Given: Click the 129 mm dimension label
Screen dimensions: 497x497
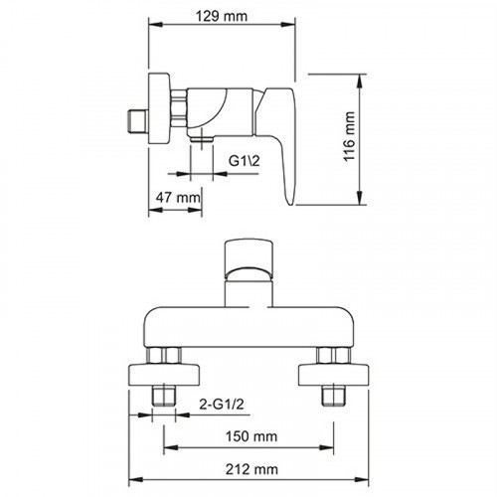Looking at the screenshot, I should click(x=222, y=18).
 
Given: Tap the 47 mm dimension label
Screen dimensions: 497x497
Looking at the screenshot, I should click(x=179, y=198).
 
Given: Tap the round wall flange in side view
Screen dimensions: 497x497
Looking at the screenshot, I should click(x=158, y=107).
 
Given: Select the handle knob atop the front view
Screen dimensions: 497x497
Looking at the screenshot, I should click(x=248, y=258).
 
